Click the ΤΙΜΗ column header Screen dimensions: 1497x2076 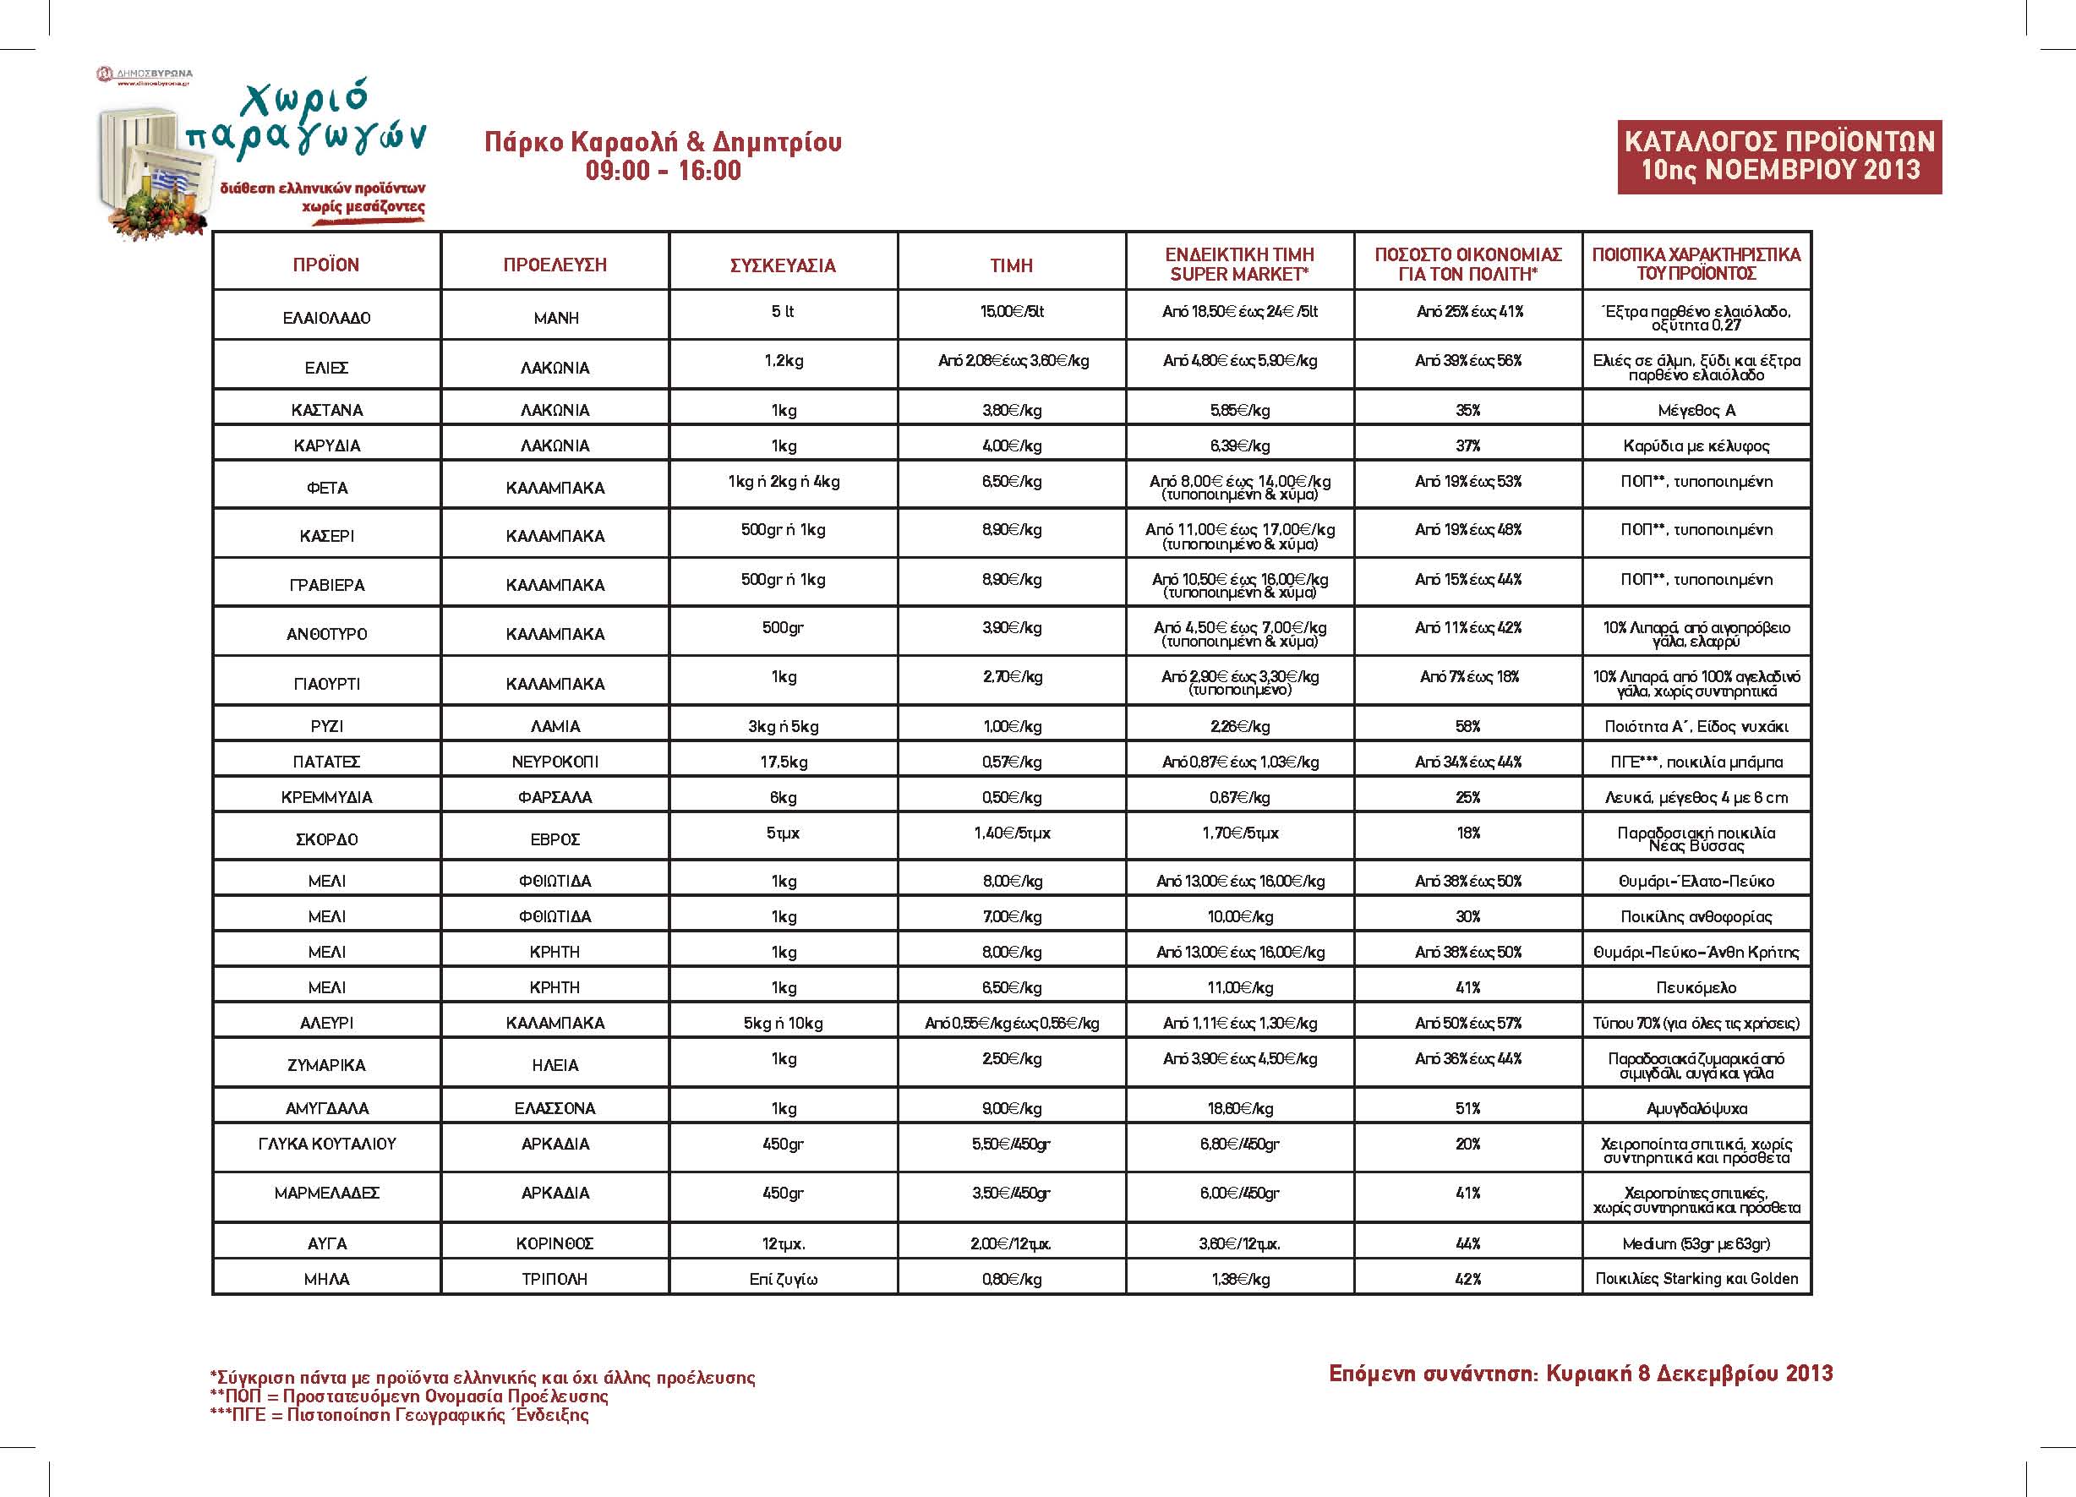pyautogui.click(x=1012, y=265)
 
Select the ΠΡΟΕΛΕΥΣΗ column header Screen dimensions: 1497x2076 pyautogui.click(x=555, y=265)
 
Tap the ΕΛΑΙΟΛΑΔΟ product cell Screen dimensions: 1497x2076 pyautogui.click(x=327, y=318)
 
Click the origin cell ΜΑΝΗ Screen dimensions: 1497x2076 pyautogui.click(x=555, y=318)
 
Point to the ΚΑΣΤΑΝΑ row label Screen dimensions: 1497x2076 pyautogui.click(x=327, y=410)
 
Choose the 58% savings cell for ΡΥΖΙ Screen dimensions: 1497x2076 pyautogui.click(x=1467, y=726)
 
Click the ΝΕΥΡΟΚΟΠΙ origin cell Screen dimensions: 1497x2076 pyautogui.click(x=555, y=762)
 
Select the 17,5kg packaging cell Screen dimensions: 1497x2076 pyautogui.click(x=783, y=762)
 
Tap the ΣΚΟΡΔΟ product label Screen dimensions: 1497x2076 pyautogui.click(x=327, y=839)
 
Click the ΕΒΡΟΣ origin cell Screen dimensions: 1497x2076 pyautogui.click(x=555, y=839)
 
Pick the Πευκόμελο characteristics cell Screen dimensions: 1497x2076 pyautogui.click(x=1696, y=987)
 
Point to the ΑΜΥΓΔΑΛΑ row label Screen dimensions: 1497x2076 pyautogui.click(x=327, y=1108)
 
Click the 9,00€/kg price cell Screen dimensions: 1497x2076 pyautogui.click(x=1012, y=1108)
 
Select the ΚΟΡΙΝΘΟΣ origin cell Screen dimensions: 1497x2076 pyautogui.click(x=555, y=1243)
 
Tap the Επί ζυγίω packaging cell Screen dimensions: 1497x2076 pyautogui.click(x=783, y=1279)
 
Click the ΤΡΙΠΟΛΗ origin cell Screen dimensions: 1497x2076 pyautogui.click(x=555, y=1279)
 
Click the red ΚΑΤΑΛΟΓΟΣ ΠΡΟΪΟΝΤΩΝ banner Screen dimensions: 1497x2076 pyautogui.click(x=1779, y=156)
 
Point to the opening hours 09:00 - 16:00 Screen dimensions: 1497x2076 pyautogui.click(x=663, y=170)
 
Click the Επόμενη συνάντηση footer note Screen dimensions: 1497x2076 pyautogui.click(x=1581, y=1374)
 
